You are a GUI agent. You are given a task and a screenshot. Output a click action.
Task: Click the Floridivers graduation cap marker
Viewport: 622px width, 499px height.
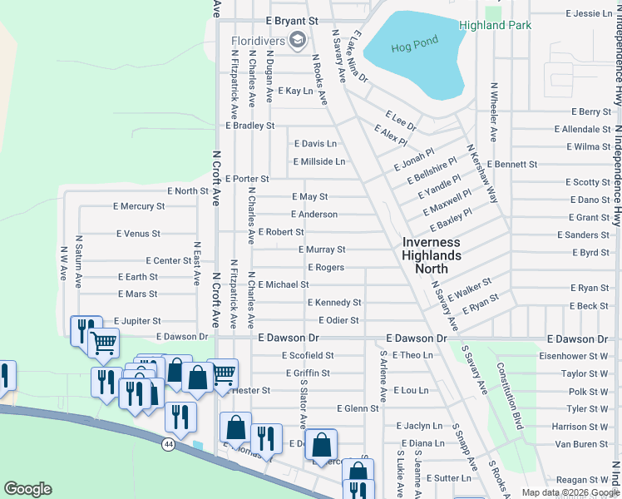point(298,40)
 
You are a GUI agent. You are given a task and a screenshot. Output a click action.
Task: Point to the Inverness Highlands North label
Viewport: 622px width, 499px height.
point(437,255)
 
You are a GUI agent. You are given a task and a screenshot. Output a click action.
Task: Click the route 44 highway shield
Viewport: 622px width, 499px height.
point(170,446)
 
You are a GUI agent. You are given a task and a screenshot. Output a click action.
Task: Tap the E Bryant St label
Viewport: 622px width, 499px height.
point(292,19)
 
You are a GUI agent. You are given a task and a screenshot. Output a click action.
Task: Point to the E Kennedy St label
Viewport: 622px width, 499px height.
point(334,303)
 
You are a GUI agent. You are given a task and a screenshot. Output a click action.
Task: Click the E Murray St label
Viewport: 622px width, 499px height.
point(321,249)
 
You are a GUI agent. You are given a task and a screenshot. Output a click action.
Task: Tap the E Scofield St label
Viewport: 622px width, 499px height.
point(307,355)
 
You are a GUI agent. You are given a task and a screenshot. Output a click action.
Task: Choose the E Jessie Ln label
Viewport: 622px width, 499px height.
point(589,14)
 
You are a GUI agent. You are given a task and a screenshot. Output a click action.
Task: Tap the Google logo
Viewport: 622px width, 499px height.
point(27,489)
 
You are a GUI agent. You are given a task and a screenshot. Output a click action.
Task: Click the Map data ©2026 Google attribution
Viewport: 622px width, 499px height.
point(570,492)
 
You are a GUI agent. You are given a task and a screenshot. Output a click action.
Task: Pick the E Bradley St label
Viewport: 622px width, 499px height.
point(249,126)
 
